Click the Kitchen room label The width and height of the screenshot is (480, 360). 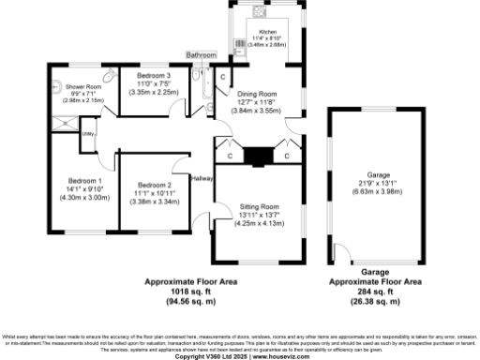pos(268,31)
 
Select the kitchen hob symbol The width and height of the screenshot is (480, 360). pos(256,25)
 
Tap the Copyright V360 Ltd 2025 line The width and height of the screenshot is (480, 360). pos(240,356)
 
